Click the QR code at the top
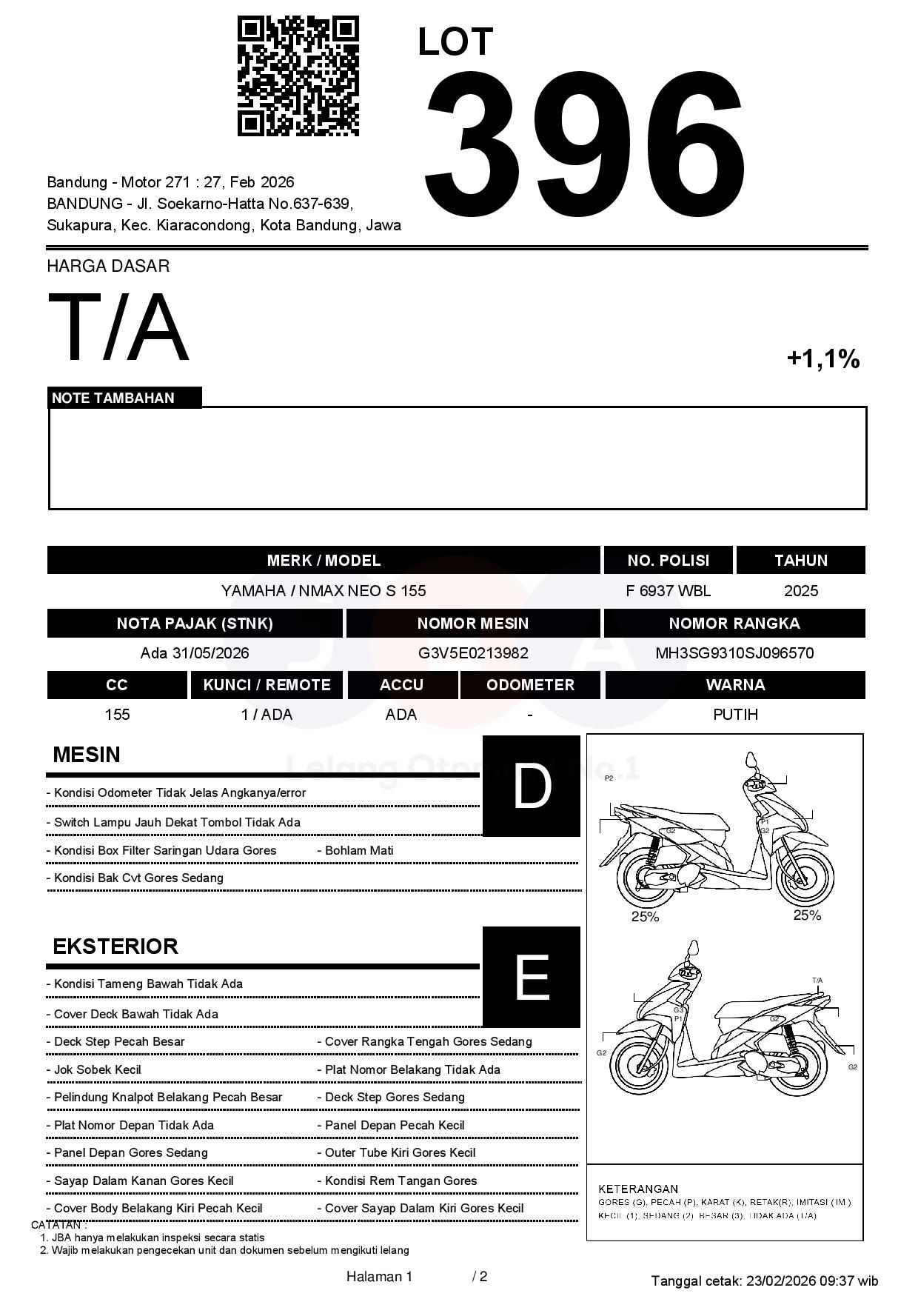pos(298,76)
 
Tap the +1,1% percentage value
pos(822,359)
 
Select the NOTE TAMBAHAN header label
pos(113,398)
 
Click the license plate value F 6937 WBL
pos(668,591)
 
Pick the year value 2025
pos(801,591)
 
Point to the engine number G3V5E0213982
pos(473,653)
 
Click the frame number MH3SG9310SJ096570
pos(734,653)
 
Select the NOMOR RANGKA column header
pos(734,624)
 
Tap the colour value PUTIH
pos(735,715)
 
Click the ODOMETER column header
pos(530,685)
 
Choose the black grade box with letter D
pos(532,787)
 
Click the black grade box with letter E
pos(532,977)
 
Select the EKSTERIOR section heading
pos(115,946)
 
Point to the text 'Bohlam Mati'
pos(359,850)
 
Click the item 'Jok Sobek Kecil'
pos(98,1069)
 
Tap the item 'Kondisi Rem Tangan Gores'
pos(401,1181)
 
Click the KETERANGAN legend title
pos(638,1189)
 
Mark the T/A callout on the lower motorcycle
pos(817,981)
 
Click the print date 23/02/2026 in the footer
pos(780,1281)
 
